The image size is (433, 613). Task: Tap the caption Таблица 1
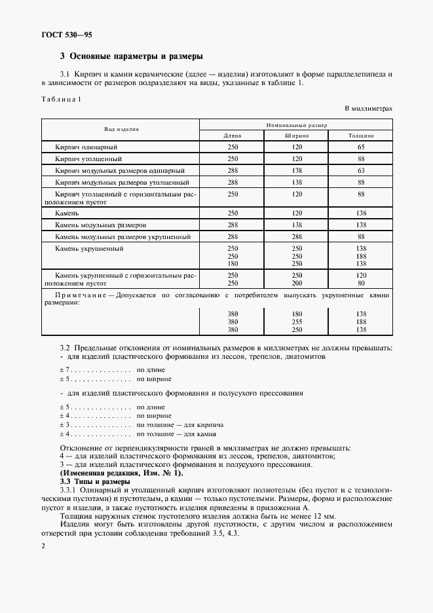pos(60,99)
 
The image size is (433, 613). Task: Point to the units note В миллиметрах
pos(367,108)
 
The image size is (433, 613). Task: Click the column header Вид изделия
pos(121,130)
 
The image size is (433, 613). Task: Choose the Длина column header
pos(233,136)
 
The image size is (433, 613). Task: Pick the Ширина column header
pos(297,136)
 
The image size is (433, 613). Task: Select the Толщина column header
pos(361,136)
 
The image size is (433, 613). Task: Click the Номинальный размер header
pos(297,124)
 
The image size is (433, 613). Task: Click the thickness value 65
pos(361,147)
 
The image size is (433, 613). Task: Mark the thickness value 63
pos(361,170)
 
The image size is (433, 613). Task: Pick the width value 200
pos(297,283)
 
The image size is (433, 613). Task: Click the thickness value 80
pos(361,283)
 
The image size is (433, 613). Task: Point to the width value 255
pos(297,322)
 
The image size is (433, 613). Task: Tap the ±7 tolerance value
pos(64,370)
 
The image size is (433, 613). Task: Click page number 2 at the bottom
pos(43,546)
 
